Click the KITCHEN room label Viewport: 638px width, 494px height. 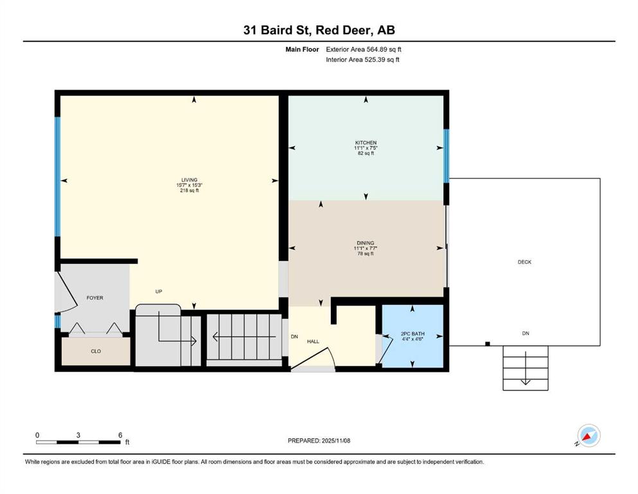point(366,143)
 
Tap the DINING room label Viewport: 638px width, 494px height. point(366,243)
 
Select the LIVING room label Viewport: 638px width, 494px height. point(189,180)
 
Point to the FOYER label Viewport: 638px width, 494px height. point(95,298)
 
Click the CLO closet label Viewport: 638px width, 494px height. point(96,351)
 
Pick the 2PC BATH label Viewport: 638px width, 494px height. point(412,334)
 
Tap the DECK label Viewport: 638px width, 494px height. point(524,262)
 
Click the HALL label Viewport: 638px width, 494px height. point(313,342)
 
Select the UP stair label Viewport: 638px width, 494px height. point(159,291)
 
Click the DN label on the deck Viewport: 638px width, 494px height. point(526,333)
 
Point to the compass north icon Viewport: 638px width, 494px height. point(589,435)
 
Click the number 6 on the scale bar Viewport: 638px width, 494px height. point(120,435)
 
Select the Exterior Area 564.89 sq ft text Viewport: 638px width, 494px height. point(364,50)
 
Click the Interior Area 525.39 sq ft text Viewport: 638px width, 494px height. point(362,59)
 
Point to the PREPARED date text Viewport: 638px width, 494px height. point(319,441)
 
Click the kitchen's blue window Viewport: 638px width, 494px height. point(447,156)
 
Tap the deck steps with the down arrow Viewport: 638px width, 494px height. point(526,368)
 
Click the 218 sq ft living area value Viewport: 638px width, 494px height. point(189,190)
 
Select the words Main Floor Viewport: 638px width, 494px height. point(302,50)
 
